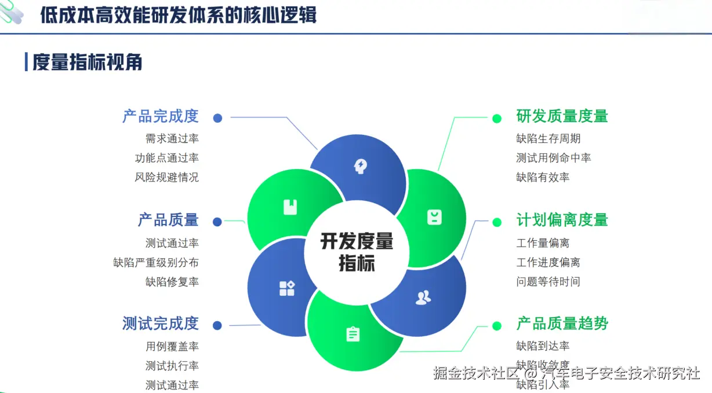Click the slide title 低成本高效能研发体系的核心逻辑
click(179, 15)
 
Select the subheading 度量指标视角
click(87, 62)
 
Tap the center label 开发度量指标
click(357, 252)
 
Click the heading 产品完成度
click(160, 116)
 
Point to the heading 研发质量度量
click(562, 116)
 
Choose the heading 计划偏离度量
click(562, 220)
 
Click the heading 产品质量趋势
click(562, 324)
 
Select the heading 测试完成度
click(160, 324)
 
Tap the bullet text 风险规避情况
click(167, 177)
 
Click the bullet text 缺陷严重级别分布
click(156, 262)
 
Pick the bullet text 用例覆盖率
click(172, 346)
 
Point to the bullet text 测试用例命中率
click(554, 157)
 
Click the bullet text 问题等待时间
click(548, 282)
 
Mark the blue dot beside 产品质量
click(217, 222)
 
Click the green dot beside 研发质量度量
click(497, 118)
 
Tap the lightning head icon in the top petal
click(361, 167)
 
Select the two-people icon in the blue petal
click(423, 297)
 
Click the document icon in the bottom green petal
click(353, 335)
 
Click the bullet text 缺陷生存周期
click(548, 138)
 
